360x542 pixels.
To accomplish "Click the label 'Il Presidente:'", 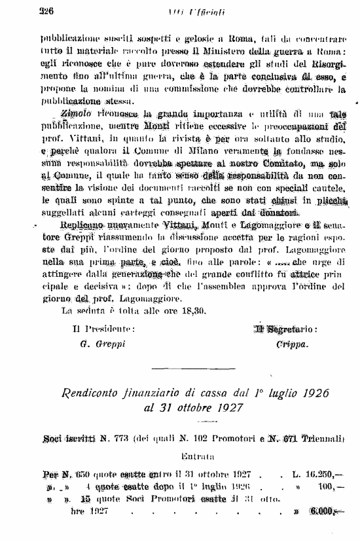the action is [x=104, y=329].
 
